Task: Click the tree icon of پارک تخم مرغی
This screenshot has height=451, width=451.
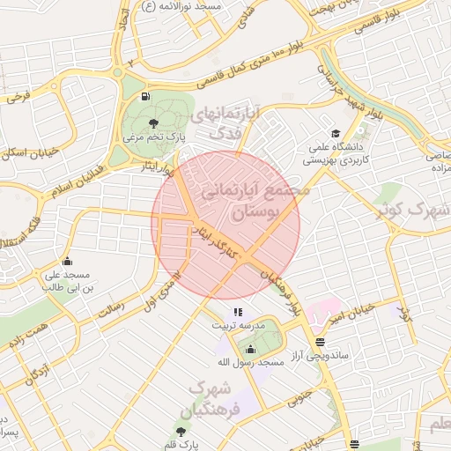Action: point(154,122)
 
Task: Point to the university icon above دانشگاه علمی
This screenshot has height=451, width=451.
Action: point(336,133)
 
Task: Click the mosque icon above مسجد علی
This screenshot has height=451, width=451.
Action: point(67,261)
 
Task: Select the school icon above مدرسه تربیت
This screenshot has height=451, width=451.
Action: point(236,312)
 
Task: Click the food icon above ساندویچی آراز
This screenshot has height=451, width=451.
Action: point(319,342)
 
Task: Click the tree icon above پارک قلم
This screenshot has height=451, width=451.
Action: point(181,431)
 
